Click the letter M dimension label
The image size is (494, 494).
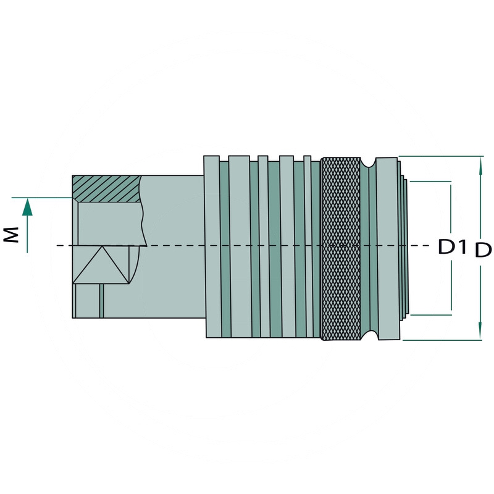coord(11,235)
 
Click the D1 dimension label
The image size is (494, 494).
coord(453,246)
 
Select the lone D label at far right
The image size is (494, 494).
coord(483,250)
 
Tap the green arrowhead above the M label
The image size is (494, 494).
coord(27,207)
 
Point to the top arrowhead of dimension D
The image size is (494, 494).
coord(480,165)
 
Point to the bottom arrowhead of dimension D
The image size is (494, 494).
coord(480,330)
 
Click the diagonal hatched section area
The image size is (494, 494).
coord(106,188)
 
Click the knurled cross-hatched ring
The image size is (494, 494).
coord(341,249)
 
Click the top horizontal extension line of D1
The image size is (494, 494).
coord(430,182)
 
